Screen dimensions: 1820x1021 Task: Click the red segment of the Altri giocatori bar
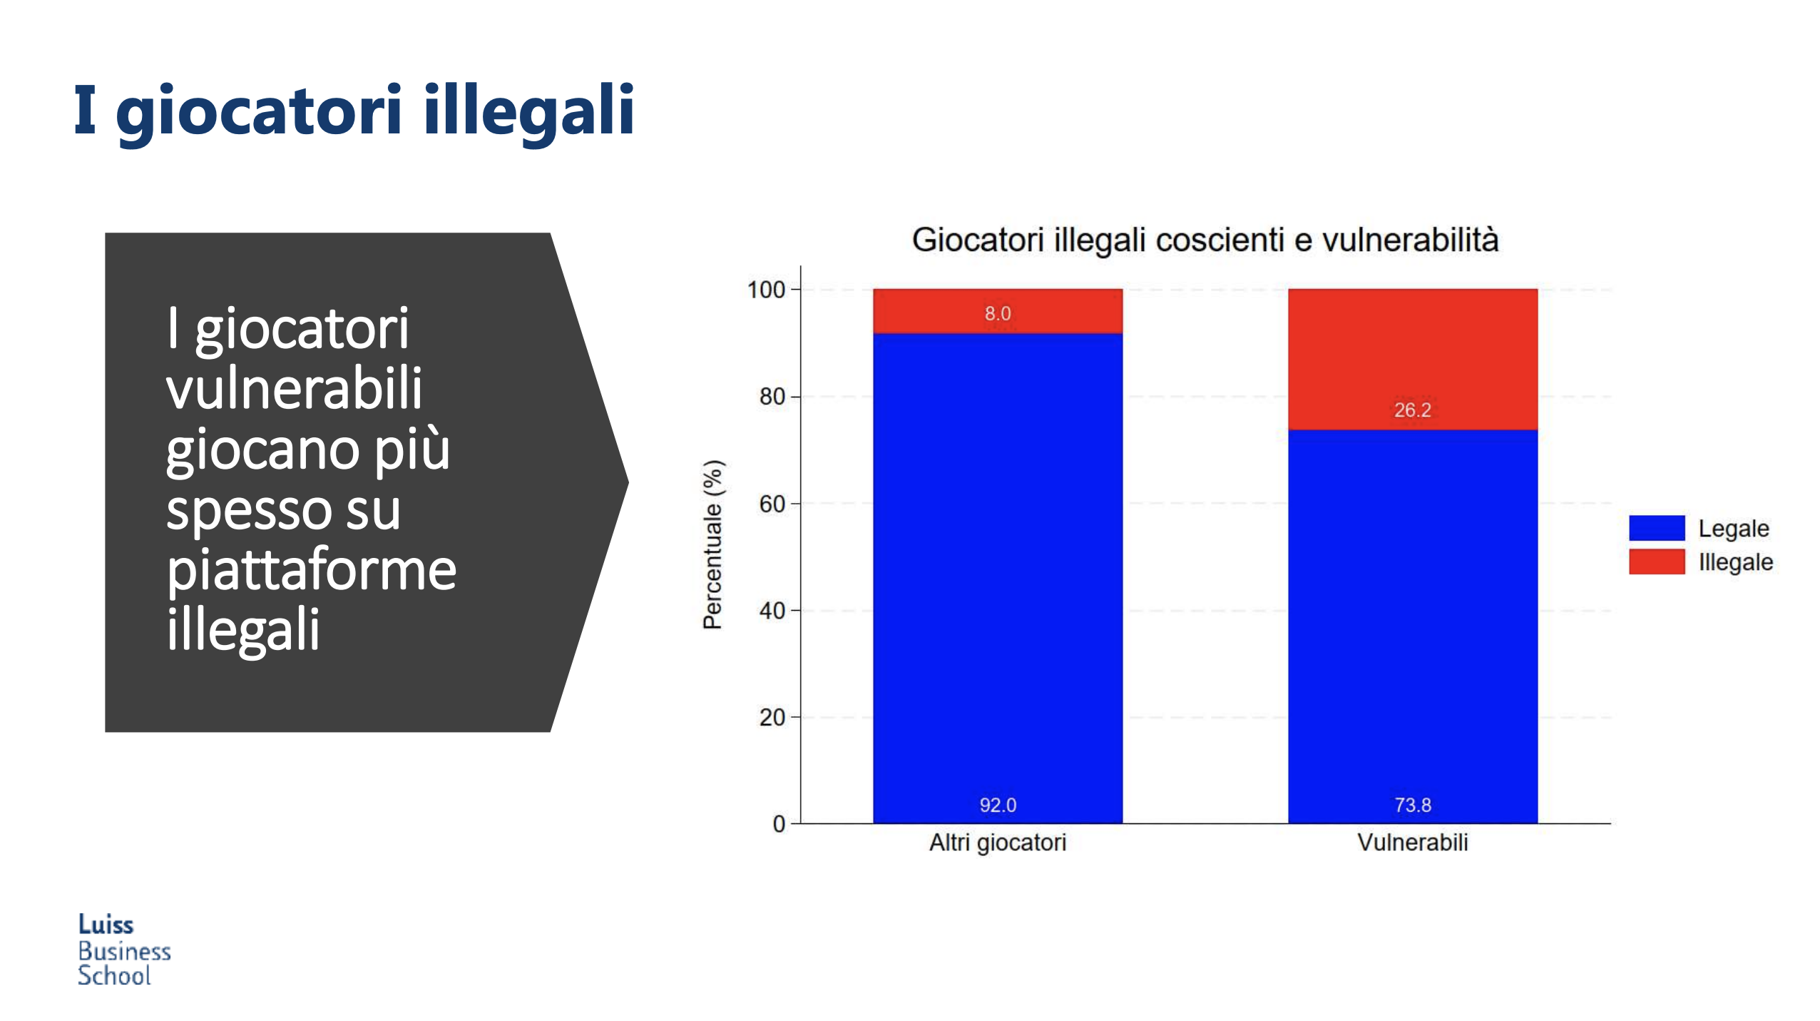click(x=997, y=311)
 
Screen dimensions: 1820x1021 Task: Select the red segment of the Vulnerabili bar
click(x=1412, y=359)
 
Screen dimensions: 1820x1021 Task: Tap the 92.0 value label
click(x=997, y=805)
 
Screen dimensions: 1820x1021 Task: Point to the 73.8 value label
click(x=1412, y=805)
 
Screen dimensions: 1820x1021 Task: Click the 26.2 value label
click(x=1412, y=410)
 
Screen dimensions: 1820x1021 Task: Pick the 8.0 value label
click(x=997, y=313)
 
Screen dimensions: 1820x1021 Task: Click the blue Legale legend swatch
click(x=1656, y=528)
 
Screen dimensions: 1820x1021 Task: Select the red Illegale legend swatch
click(x=1656, y=562)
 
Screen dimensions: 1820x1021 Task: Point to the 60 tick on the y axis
click(x=772, y=504)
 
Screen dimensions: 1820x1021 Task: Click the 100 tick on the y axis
click(x=765, y=290)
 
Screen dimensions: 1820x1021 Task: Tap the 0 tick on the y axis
click(x=779, y=824)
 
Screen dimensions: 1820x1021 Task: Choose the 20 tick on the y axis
click(x=772, y=717)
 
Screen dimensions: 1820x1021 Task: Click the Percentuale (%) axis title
click(x=713, y=544)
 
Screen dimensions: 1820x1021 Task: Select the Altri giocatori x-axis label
click(x=997, y=843)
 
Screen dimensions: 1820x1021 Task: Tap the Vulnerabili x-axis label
click(x=1412, y=843)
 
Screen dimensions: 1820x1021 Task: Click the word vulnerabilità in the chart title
click(x=1410, y=240)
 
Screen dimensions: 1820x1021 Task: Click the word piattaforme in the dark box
click(x=311, y=570)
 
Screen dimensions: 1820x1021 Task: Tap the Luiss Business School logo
click(x=124, y=949)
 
